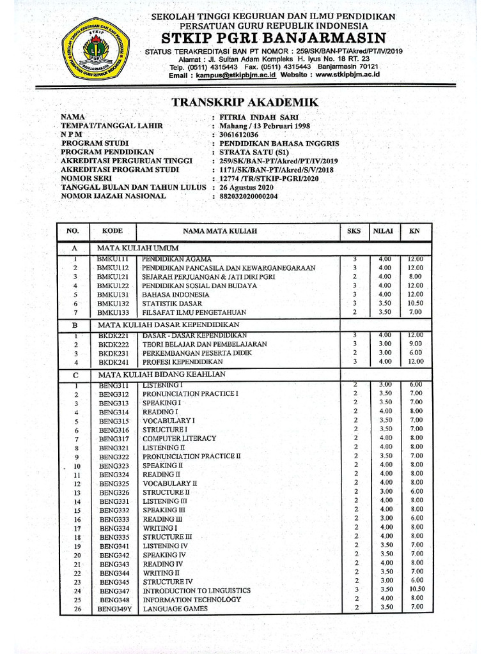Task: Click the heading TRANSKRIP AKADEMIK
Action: point(245,103)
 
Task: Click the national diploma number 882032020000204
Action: point(250,196)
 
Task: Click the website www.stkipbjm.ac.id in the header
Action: point(348,75)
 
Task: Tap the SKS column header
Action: point(354,231)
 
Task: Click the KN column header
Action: point(414,231)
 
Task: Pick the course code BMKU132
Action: point(113,304)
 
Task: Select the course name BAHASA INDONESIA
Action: point(176,295)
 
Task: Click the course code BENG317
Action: point(114,439)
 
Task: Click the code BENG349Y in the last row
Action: point(114,609)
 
